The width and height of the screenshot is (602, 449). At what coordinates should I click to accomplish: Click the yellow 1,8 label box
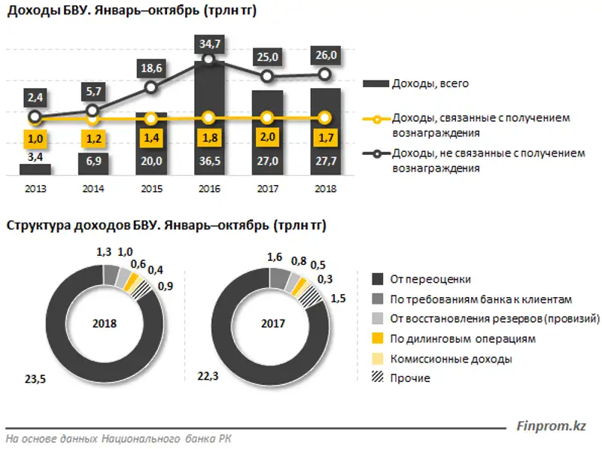point(209,138)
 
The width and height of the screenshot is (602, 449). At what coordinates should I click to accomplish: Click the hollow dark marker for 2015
point(151,87)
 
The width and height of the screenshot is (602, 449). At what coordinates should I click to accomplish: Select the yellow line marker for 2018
point(325,117)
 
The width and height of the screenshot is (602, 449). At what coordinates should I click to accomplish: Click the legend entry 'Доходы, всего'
point(430,83)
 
